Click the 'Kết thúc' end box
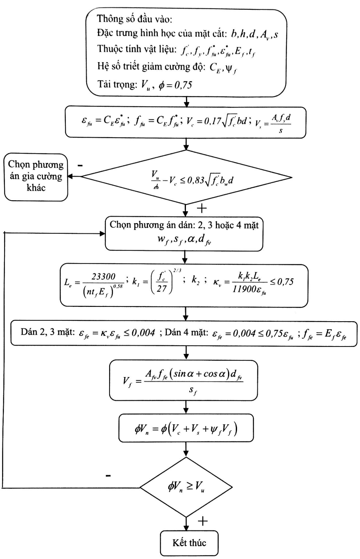(189, 543)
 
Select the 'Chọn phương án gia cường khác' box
(36, 177)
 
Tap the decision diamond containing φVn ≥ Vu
(186, 487)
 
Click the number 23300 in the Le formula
(103, 277)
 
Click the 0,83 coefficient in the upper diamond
(196, 180)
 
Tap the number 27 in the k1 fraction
(161, 289)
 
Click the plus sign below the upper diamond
(202, 208)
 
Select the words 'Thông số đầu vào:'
(134, 19)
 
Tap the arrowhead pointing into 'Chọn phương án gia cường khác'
(70, 177)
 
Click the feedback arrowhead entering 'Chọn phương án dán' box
(102, 234)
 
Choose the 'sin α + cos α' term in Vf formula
(199, 374)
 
